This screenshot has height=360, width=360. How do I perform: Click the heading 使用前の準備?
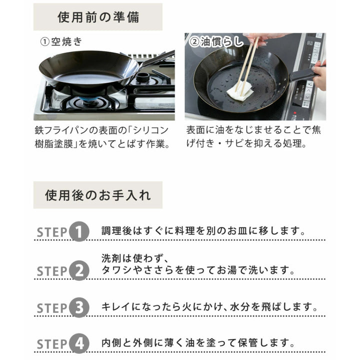(98, 17)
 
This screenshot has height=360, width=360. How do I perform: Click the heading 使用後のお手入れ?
(98, 194)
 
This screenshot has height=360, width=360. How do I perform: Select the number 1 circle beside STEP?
(78, 231)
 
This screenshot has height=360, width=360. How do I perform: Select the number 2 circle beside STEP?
(78, 271)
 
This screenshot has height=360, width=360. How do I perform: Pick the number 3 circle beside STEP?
(78, 307)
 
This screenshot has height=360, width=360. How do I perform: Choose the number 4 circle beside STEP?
(78, 344)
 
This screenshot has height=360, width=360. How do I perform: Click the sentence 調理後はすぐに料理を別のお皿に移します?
(203, 231)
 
